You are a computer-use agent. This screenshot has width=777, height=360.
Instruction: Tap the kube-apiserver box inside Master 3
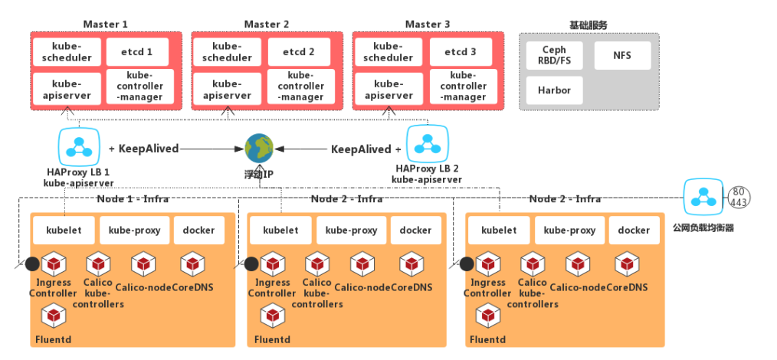pyautogui.click(x=388, y=90)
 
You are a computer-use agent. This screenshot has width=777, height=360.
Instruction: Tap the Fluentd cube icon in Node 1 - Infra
pyautogui.click(x=53, y=315)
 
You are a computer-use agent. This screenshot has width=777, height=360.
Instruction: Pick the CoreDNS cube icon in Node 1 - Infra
pyautogui.click(x=192, y=264)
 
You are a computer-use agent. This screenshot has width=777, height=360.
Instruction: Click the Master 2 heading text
pyautogui.click(x=266, y=25)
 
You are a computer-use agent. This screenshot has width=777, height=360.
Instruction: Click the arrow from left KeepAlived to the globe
pyautogui.click(x=211, y=149)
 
